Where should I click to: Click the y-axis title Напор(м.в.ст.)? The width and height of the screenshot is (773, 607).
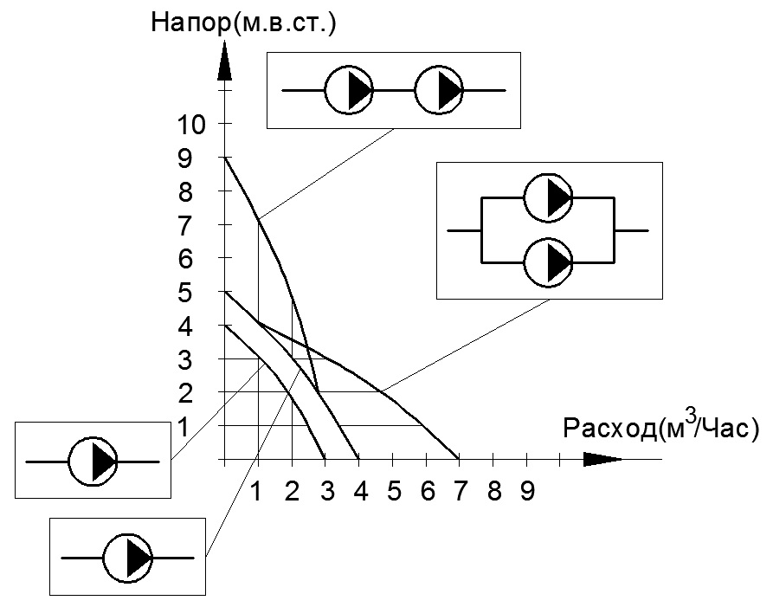(243, 23)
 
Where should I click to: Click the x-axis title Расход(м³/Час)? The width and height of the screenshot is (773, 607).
(661, 427)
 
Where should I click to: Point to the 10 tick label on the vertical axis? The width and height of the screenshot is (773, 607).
(191, 125)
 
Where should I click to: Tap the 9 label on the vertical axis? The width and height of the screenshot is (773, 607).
(184, 158)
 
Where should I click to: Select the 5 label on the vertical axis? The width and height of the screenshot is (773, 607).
(184, 293)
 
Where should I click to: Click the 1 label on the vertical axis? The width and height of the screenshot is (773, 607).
(184, 427)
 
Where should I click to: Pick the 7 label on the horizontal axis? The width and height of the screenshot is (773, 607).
(460, 491)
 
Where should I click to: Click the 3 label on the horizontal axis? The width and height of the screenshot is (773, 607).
(327, 491)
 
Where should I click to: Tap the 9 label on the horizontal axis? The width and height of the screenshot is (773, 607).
(527, 491)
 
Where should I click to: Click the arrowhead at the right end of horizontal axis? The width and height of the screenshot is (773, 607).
(603, 459)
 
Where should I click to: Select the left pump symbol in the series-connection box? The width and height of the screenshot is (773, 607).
(349, 90)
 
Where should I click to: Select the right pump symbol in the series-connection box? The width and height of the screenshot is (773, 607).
(439, 90)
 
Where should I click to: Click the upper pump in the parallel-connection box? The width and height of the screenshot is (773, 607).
(548, 197)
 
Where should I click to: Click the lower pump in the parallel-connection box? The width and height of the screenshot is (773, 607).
(548, 263)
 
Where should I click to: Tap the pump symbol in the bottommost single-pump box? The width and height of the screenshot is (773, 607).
(128, 559)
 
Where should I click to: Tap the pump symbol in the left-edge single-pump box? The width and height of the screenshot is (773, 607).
(93, 462)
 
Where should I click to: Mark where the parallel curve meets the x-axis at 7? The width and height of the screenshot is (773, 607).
(459, 459)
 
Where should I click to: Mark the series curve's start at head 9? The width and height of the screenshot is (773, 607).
(224, 158)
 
